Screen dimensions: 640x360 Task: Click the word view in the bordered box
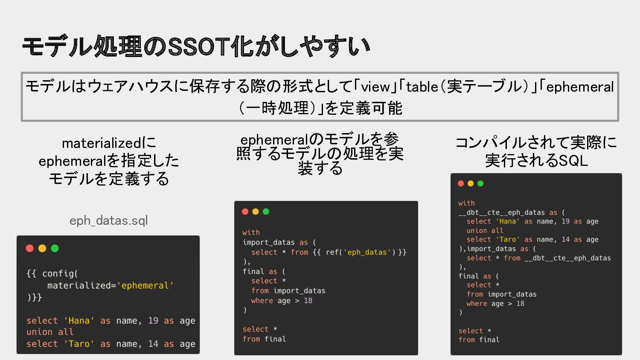pyautogui.click(x=375, y=87)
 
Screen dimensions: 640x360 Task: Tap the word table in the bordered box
pyautogui.click(x=422, y=87)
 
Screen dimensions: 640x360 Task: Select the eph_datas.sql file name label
pyautogui.click(x=108, y=221)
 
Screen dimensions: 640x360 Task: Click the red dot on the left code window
pyautogui.click(x=30, y=248)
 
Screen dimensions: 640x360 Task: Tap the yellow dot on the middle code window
pyautogui.click(x=256, y=212)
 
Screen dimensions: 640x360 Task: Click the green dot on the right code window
pyautogui.click(x=480, y=183)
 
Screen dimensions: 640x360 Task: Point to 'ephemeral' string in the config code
pyautogui.click(x=145, y=285)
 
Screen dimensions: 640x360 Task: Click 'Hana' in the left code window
pyautogui.click(x=79, y=321)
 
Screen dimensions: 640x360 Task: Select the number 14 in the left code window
pyautogui.click(x=153, y=344)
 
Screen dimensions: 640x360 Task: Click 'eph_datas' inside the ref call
pyautogui.click(x=367, y=252)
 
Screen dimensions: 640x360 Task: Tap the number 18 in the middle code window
pyautogui.click(x=308, y=301)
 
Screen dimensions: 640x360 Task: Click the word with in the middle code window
pyautogui.click(x=251, y=232)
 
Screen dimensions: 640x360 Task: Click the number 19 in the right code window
pyautogui.click(x=565, y=221)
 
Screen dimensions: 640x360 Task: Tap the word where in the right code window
pyautogui.click(x=477, y=303)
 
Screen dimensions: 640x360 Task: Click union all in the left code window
pyautogui.click(x=50, y=332)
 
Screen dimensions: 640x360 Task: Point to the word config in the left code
pyautogui.click(x=58, y=274)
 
